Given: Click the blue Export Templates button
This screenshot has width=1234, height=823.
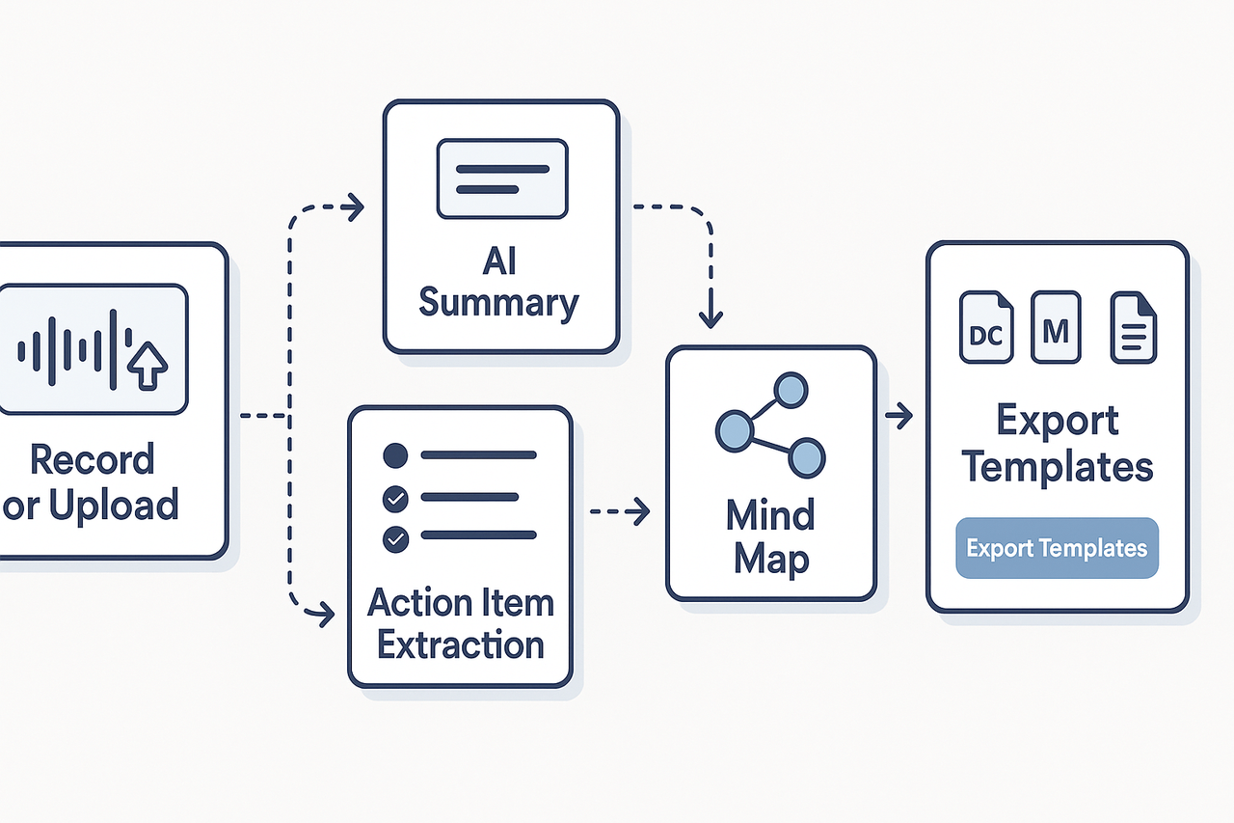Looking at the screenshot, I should tap(1057, 549).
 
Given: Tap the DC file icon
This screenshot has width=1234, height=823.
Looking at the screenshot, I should tap(986, 329).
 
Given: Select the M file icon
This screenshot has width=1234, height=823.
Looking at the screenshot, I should tap(1056, 329).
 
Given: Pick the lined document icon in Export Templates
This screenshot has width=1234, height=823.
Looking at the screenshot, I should tap(1134, 329).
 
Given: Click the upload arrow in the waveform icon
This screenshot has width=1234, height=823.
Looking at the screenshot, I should tap(148, 364).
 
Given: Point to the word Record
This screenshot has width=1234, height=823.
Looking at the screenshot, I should tap(92, 459).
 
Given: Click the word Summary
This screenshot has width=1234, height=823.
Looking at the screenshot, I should tap(499, 302).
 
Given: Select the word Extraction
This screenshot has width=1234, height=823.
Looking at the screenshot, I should tap(461, 645).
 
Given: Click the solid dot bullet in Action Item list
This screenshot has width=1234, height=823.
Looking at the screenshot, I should tap(395, 454).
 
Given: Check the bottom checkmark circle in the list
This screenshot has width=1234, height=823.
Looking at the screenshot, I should tap(395, 538).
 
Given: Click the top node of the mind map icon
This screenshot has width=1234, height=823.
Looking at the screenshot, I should tap(791, 390).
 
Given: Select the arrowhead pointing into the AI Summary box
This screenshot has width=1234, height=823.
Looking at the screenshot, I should tap(356, 206).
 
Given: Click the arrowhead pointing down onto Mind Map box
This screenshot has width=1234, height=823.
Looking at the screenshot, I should tap(710, 318).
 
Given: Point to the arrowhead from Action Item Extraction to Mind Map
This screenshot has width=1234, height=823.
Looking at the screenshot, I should tap(640, 512).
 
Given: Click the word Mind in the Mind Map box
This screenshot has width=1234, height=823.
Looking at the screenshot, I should tap(770, 514).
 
